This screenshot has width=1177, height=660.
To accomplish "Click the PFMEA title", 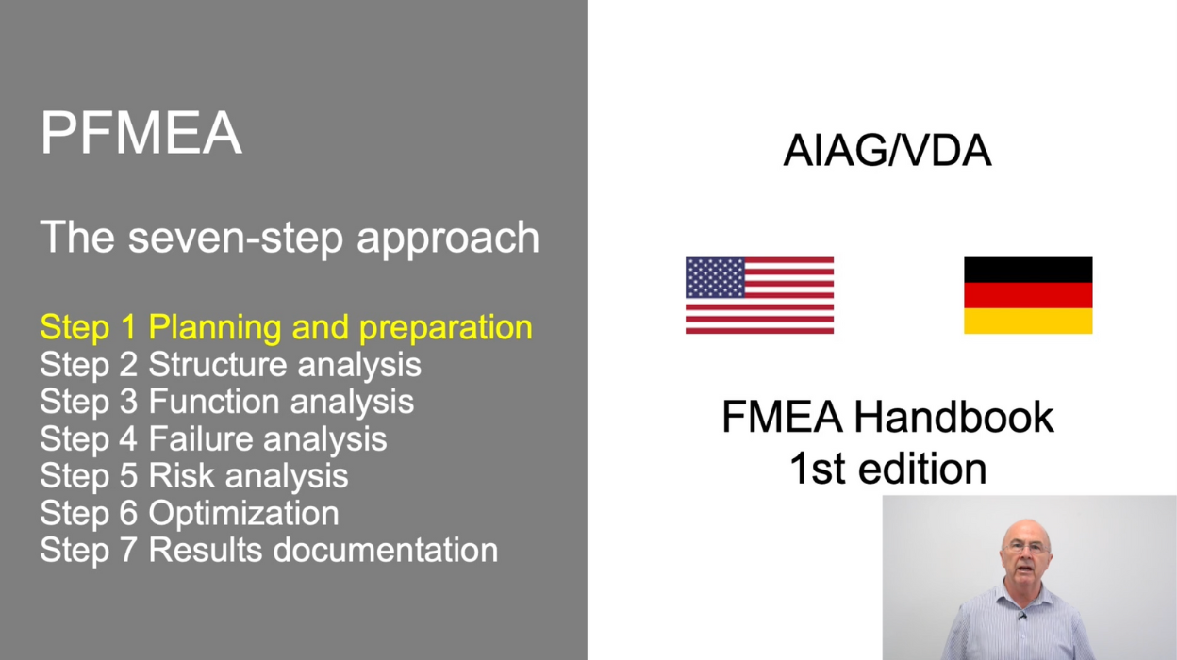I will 141,133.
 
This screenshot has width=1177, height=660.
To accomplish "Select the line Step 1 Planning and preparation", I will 286,327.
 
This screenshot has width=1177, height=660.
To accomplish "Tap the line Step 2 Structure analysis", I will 230,364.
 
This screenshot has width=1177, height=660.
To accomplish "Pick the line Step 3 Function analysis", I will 226,401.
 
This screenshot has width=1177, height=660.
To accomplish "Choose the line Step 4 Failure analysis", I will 213,438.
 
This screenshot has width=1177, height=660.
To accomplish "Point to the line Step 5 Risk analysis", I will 193,475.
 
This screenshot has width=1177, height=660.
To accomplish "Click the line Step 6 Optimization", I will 189,513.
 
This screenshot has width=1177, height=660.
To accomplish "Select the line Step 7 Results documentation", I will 269,550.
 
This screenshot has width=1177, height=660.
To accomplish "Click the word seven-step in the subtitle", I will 237,238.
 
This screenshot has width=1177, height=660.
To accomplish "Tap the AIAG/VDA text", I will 887,151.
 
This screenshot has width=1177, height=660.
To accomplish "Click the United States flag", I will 759,295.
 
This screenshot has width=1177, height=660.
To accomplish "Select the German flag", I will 1028,295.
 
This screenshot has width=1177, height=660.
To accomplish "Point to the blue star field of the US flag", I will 715,277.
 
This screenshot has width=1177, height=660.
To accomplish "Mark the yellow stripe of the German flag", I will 1028,321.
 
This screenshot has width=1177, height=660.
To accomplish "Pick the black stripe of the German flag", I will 1028,270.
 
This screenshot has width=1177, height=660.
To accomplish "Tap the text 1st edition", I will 887,469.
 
